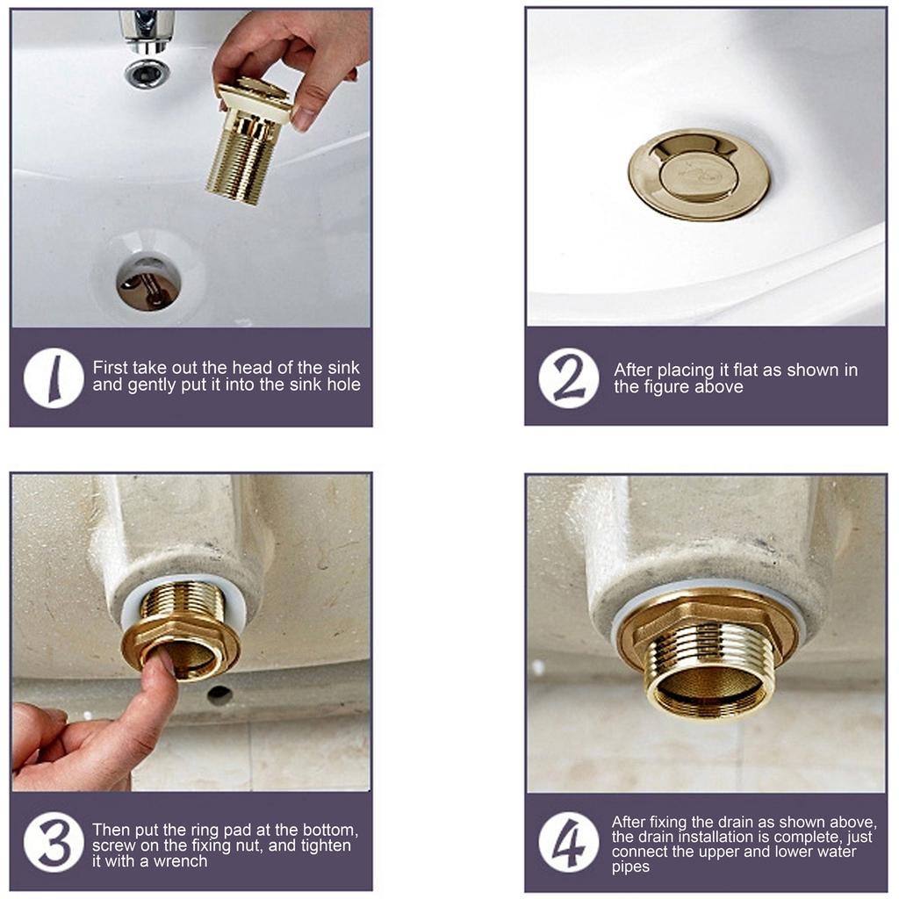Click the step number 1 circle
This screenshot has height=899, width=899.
click(54, 378)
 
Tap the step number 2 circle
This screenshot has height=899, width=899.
click(568, 378)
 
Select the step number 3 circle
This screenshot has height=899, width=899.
click(54, 842)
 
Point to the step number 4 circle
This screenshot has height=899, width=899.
click(568, 842)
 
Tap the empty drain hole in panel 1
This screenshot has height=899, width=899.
click(147, 284)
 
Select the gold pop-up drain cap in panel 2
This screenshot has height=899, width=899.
click(699, 174)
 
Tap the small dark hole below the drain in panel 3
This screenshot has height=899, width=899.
click(219, 694)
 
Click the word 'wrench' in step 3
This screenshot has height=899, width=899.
click(178, 861)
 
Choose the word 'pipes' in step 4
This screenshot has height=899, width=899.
click(630, 867)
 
